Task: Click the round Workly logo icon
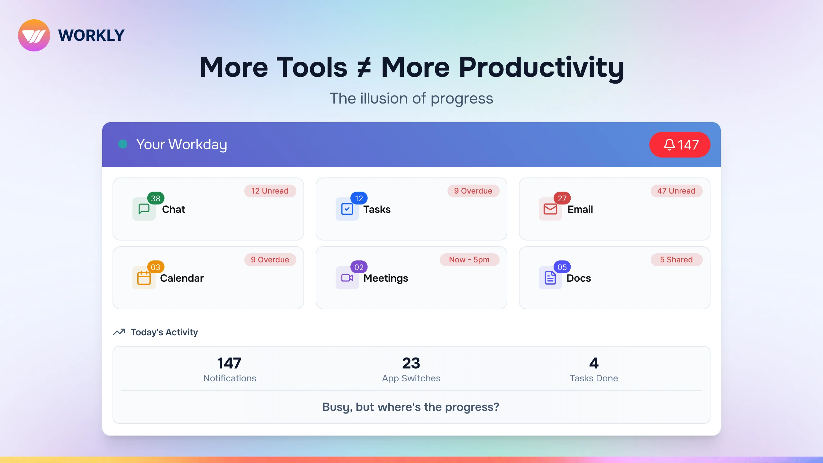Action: pos(34,35)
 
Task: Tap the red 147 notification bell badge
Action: pos(680,145)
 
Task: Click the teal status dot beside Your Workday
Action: pos(123,144)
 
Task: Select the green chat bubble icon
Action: pos(144,209)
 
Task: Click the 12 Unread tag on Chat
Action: pos(270,191)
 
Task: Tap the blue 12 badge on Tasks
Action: pos(359,198)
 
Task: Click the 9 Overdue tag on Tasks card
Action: pos(473,191)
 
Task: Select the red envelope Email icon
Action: pos(550,209)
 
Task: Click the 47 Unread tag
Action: pos(676,191)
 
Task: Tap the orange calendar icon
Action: pos(144,278)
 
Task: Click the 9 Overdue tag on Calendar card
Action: pos(270,260)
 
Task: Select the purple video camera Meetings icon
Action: pos(347,278)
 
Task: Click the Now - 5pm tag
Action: pos(469,260)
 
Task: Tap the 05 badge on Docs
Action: pos(562,267)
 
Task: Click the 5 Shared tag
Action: pos(676,260)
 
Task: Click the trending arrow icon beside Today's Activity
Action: pos(119,332)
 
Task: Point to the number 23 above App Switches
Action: pos(411,363)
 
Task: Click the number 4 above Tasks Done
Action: pos(594,363)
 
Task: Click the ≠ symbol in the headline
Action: pos(364,68)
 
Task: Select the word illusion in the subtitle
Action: pos(384,98)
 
